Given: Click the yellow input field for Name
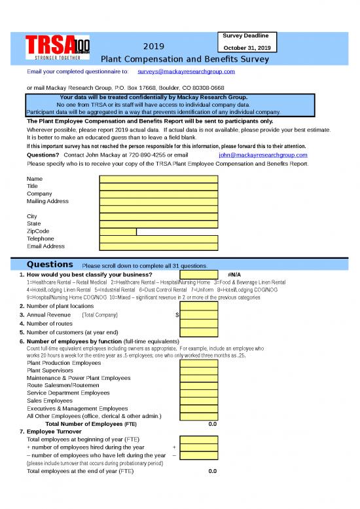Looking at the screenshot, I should click(x=158, y=179).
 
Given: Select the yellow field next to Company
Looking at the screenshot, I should click(x=158, y=194).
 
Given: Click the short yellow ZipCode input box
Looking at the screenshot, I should click(x=118, y=231).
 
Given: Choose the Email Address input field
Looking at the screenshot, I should click(x=158, y=246).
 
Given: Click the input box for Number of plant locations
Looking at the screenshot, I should click(x=199, y=306).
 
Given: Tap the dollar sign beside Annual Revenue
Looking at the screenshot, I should click(x=177, y=315).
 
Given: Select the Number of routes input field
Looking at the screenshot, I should click(x=199, y=324).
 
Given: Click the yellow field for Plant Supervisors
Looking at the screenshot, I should click(x=199, y=370).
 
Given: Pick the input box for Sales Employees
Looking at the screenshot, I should click(x=199, y=400).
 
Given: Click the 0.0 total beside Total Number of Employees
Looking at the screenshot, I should click(x=212, y=424).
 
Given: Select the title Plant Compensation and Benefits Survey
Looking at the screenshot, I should click(x=180, y=59).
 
